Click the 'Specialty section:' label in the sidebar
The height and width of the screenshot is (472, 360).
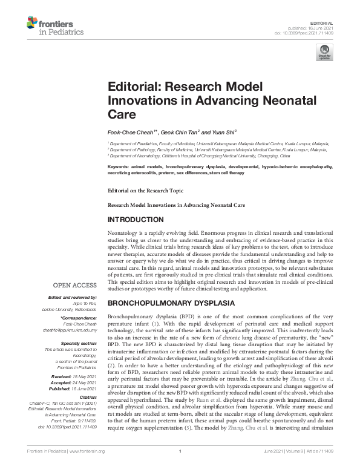(x=80, y=344)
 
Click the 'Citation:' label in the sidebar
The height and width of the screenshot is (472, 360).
(x=88, y=397)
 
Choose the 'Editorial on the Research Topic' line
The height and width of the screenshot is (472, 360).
(x=145, y=190)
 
